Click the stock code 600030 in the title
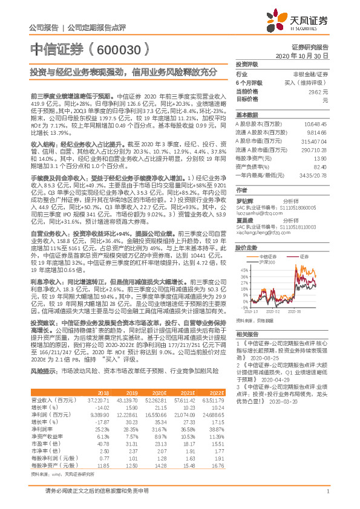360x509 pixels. point(128,48)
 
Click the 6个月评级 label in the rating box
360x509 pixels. point(249,82)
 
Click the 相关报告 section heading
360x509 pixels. point(246,351)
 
